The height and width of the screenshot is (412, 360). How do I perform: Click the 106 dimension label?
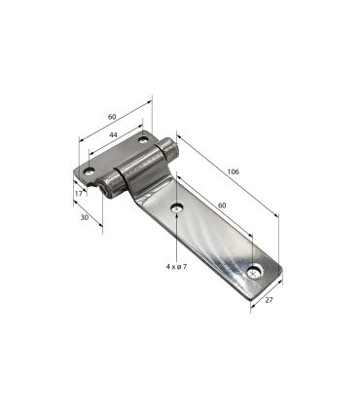tap(233, 171)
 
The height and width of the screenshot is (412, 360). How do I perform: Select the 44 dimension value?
tap(113, 134)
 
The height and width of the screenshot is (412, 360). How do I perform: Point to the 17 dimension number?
tap(78, 193)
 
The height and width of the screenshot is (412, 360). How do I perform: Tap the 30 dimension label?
tap(85, 217)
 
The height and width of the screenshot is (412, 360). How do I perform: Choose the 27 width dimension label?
tap(269, 300)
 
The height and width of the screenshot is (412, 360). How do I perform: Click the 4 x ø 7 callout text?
tap(176, 267)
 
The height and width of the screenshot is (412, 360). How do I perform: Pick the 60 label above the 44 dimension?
tap(112, 117)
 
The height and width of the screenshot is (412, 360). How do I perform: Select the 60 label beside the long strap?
tap(222, 206)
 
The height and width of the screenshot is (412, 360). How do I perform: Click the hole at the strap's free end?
tap(255, 272)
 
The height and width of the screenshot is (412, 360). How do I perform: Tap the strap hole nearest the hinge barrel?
tap(177, 207)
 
